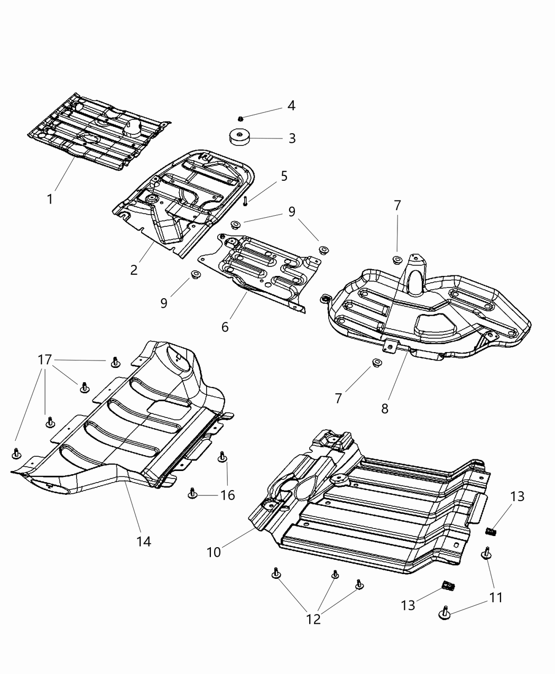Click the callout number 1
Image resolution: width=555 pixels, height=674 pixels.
click(50, 199)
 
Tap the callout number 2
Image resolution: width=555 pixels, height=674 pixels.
click(134, 270)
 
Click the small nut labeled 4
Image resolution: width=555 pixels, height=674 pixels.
click(240, 117)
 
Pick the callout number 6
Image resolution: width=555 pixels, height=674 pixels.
click(225, 327)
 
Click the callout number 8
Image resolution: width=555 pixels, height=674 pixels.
click(385, 409)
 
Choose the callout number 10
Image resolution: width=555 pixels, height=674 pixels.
click(214, 552)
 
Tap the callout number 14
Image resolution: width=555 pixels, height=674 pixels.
click(144, 541)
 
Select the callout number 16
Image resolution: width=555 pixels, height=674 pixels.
click(228, 495)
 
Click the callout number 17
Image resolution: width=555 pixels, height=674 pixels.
click(45, 360)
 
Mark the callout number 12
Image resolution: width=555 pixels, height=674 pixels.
click(313, 619)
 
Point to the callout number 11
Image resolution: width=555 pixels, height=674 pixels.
click(496, 597)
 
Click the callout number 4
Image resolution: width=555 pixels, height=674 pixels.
click(291, 105)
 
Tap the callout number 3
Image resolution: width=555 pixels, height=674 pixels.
click(292, 139)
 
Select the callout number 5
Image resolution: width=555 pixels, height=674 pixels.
click(284, 176)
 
